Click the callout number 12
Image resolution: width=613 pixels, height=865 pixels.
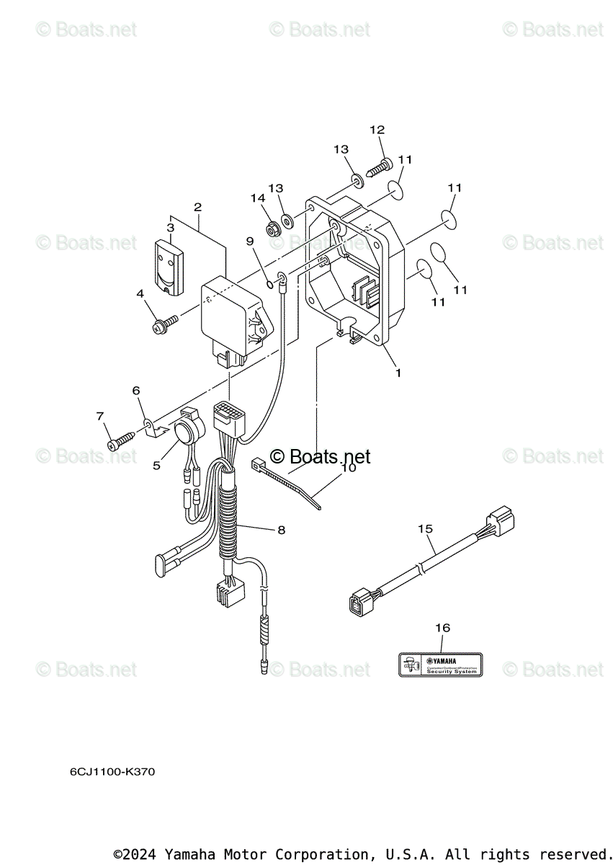point(377,130)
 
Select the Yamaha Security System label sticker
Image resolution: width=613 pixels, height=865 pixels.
point(440,664)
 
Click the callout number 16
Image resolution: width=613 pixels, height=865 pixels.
point(442,628)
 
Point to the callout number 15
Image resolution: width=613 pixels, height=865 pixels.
point(425,528)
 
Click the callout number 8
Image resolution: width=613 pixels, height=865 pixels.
point(281,530)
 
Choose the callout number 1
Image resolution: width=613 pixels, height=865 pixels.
point(398,373)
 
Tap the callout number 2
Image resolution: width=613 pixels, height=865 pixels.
point(197,207)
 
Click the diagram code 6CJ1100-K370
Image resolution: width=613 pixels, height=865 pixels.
point(112,772)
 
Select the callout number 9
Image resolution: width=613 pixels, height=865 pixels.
point(250,241)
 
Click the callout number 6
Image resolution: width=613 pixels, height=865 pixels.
point(135,390)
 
